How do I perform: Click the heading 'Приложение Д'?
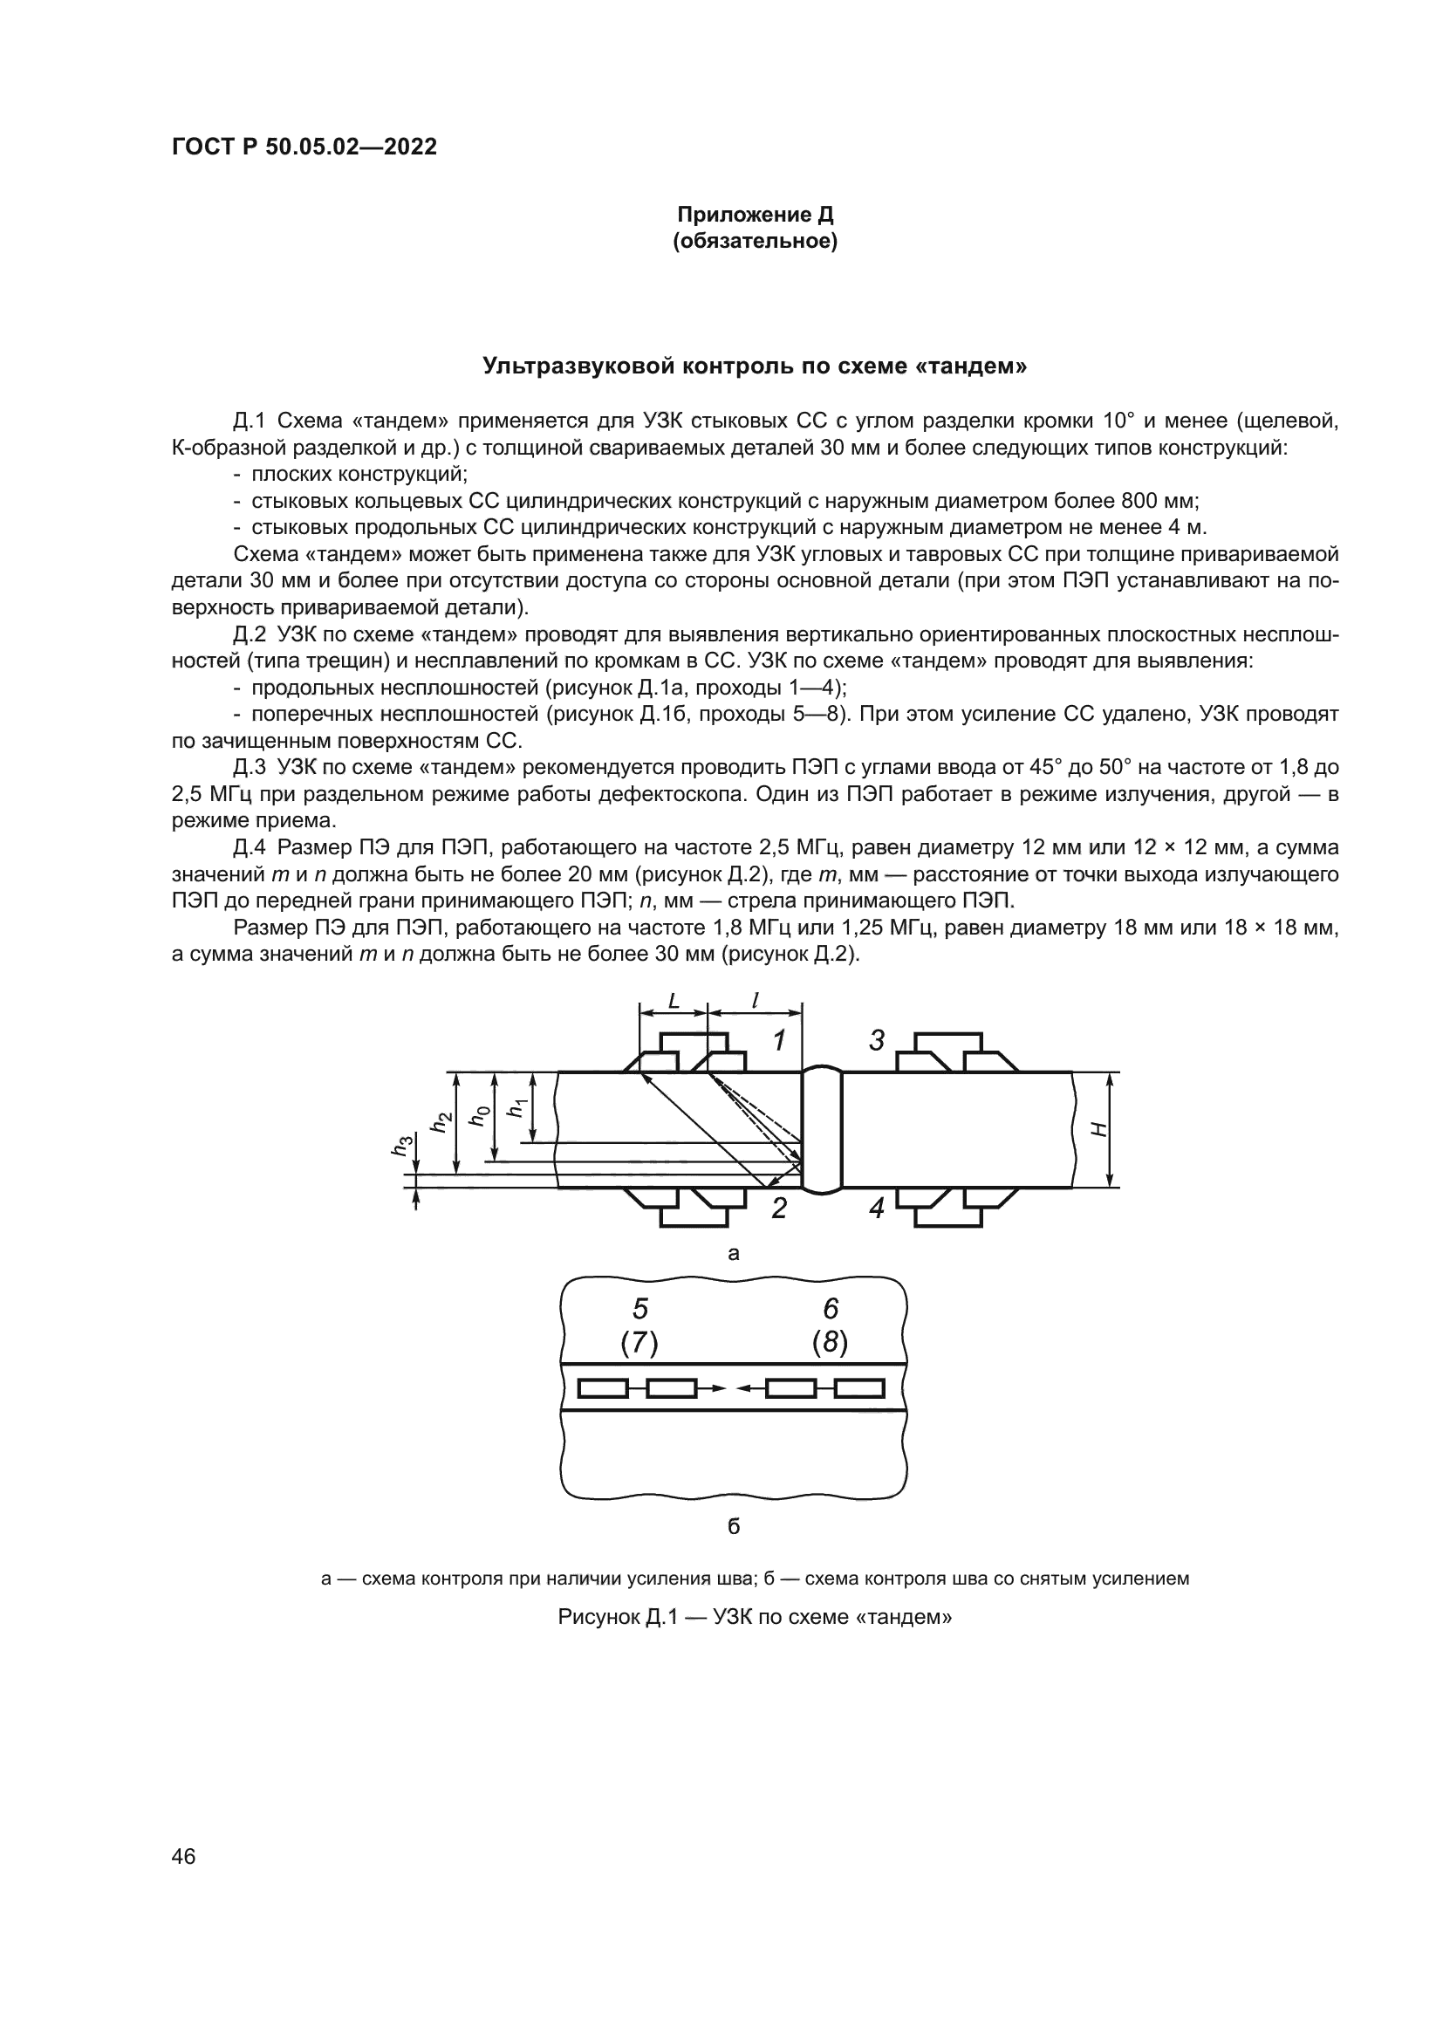pyautogui.click(x=755, y=215)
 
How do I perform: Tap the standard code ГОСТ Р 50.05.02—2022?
pyautogui.click(x=304, y=147)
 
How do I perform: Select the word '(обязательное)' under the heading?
pyautogui.click(x=755, y=241)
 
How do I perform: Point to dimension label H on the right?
pyautogui.click(x=1099, y=1130)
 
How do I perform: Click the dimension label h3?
pyautogui.click(x=402, y=1147)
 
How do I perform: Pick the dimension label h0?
pyautogui.click(x=479, y=1117)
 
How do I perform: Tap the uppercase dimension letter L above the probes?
pyautogui.click(x=674, y=1001)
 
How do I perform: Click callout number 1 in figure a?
pyautogui.click(x=778, y=1040)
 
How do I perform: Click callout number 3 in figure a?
pyautogui.click(x=876, y=1040)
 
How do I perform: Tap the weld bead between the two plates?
pyautogui.click(x=822, y=1130)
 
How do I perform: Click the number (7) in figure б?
pyautogui.click(x=639, y=1343)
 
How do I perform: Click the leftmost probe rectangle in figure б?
pyautogui.click(x=603, y=1387)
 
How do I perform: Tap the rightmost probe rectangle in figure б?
pyautogui.click(x=860, y=1387)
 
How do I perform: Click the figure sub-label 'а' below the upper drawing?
pyautogui.click(x=733, y=1254)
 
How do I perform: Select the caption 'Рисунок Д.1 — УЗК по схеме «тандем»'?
pyautogui.click(x=755, y=1617)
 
